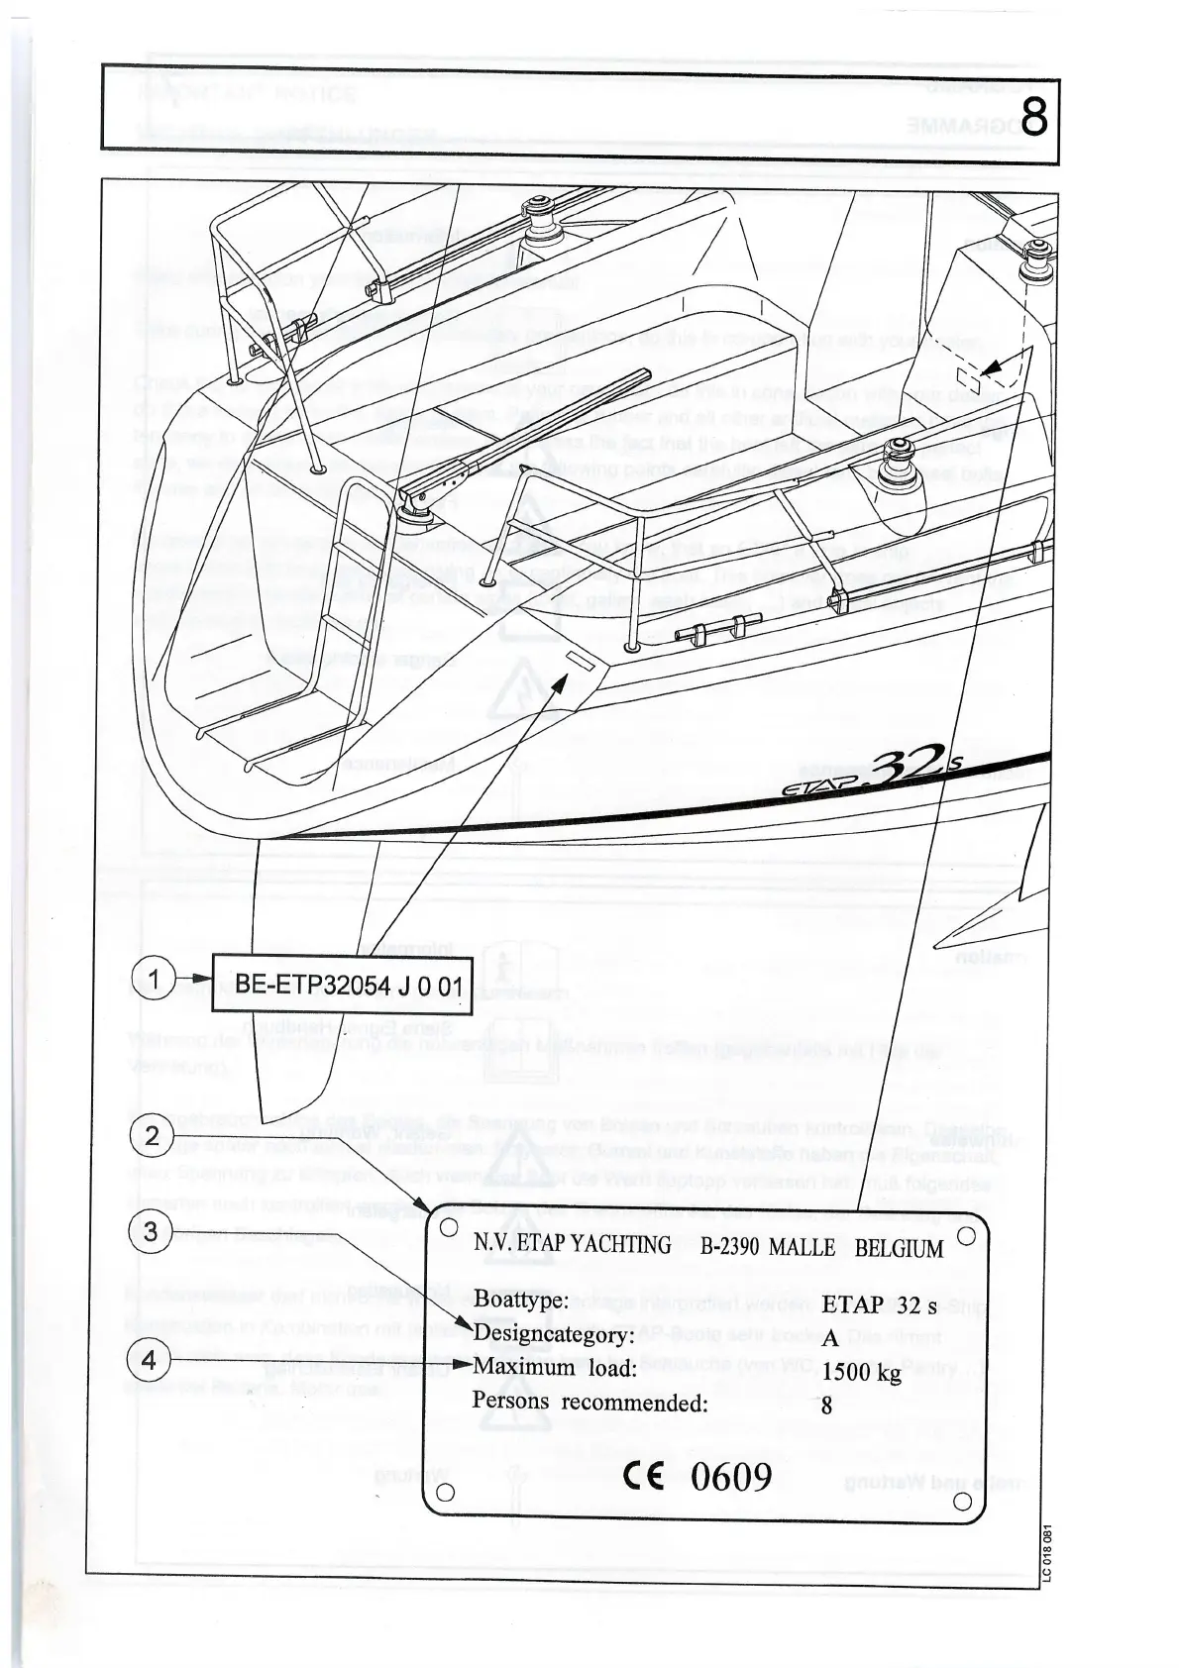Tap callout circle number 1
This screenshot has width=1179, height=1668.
coord(154,980)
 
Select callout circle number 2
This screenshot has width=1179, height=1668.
coord(152,1136)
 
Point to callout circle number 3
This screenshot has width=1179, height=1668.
coord(151,1232)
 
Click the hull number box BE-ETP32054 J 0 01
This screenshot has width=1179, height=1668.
coord(342,985)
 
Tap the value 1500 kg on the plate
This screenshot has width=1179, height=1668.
coord(861,1372)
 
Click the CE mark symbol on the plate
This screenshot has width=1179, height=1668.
coord(648,1477)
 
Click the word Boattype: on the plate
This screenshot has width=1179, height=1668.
coord(520,1300)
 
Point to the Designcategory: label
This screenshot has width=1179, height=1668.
coord(553,1334)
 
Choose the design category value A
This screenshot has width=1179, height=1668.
coord(830,1338)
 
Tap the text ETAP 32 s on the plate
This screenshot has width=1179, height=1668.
coord(878,1305)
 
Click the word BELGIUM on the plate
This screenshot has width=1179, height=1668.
coord(899,1248)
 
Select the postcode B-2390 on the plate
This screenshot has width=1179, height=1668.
coord(729,1248)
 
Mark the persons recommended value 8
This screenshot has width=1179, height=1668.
coord(826,1405)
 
